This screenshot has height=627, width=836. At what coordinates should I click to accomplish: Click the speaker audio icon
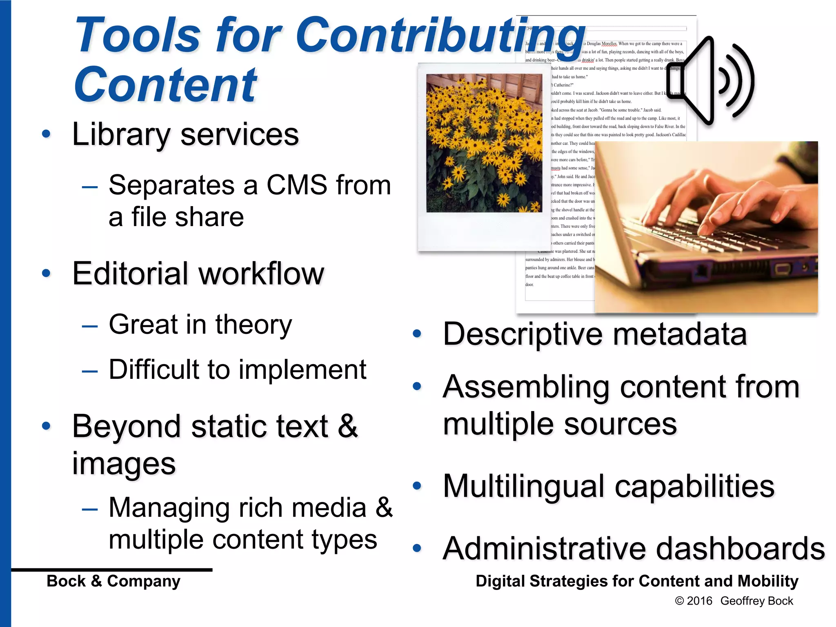[710, 81]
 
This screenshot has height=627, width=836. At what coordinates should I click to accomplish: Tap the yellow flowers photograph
[484, 143]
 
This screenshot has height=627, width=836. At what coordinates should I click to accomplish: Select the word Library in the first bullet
[121, 135]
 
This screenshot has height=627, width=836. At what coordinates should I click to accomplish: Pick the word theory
[253, 325]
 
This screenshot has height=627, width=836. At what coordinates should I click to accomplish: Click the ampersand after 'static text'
[348, 426]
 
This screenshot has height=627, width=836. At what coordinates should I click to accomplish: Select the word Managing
[169, 508]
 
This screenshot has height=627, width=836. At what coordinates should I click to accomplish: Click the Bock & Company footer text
[113, 581]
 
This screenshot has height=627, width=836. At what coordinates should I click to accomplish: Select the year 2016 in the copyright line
[699, 601]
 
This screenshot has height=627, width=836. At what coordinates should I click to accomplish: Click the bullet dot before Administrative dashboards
[417, 548]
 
